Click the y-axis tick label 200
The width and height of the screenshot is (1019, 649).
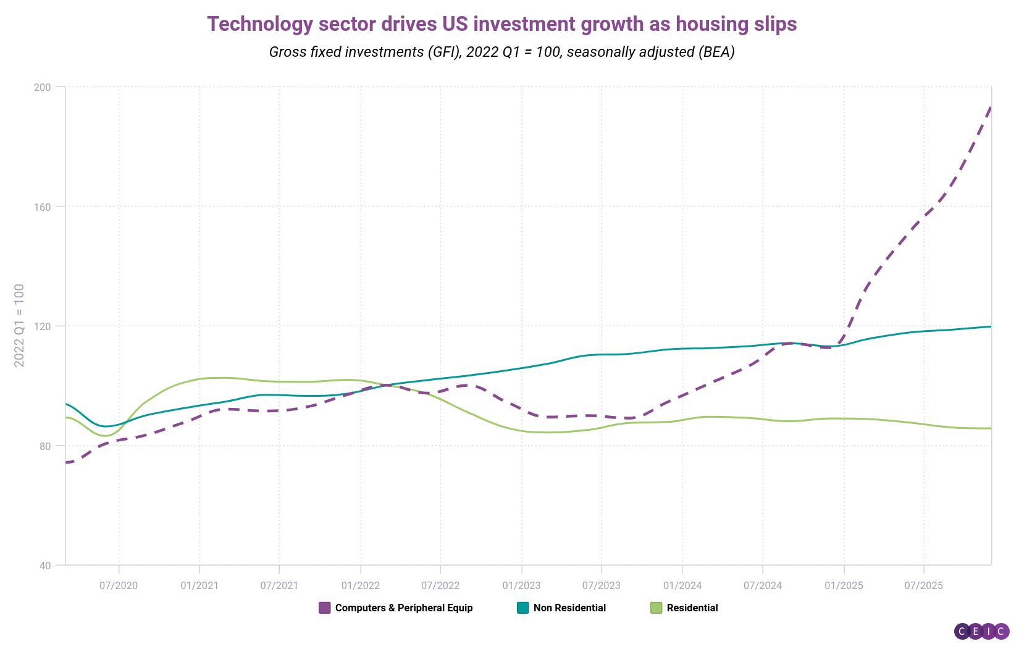pyautogui.click(x=41, y=87)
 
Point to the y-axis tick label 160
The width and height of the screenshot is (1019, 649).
pyautogui.click(x=41, y=206)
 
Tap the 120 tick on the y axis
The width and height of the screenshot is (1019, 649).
pyautogui.click(x=41, y=326)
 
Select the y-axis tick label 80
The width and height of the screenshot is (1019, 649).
pyautogui.click(x=44, y=446)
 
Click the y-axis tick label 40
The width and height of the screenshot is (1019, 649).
pyautogui.click(x=44, y=566)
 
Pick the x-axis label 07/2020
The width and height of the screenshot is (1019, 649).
pyautogui.click(x=119, y=585)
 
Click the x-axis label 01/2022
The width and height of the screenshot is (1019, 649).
pyautogui.click(x=360, y=585)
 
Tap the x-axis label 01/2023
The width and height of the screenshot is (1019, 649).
pyautogui.click(x=521, y=585)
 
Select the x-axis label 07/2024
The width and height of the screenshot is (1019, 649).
pyautogui.click(x=763, y=585)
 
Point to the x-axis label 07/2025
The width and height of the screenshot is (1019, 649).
pyautogui.click(x=923, y=585)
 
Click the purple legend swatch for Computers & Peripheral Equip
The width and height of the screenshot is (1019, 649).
pyautogui.click(x=325, y=608)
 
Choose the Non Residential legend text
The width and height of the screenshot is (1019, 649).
pyautogui.click(x=569, y=608)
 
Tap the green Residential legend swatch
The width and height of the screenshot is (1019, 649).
pyautogui.click(x=656, y=608)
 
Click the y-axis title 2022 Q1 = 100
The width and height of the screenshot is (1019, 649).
pyautogui.click(x=20, y=326)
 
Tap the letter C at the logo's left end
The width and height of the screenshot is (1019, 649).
pyautogui.click(x=962, y=631)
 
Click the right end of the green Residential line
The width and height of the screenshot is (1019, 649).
pyautogui.click(x=991, y=428)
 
